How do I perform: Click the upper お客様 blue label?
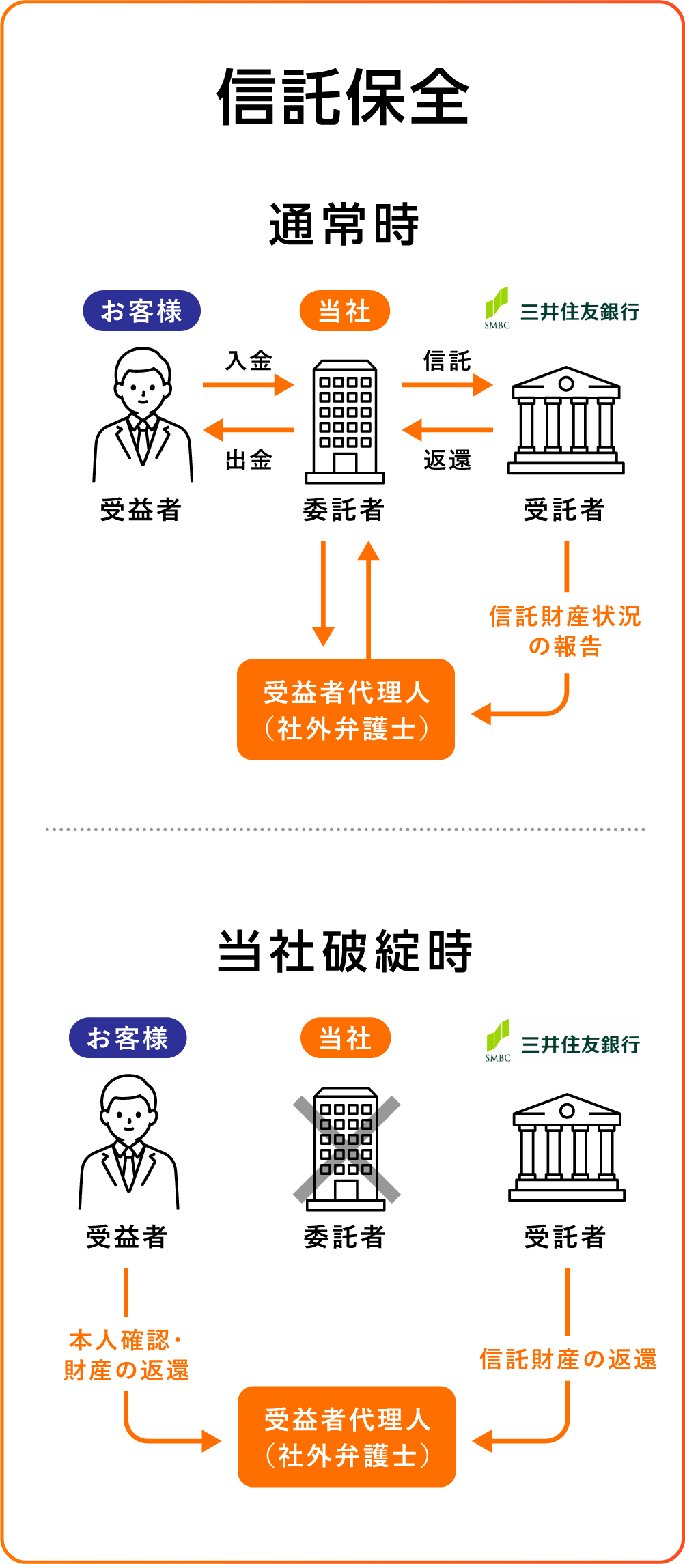[141, 311]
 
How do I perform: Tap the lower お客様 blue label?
[128, 1038]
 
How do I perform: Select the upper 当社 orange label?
[344, 311]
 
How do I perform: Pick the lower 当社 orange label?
[346, 1038]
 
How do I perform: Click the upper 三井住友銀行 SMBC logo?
[561, 309]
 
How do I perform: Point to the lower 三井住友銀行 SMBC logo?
[562, 1042]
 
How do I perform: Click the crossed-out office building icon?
[346, 1149]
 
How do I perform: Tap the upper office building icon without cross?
[345, 422]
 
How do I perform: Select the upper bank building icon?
[565, 421]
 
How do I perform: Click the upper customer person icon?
[143, 417]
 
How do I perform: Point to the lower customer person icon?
[129, 1144]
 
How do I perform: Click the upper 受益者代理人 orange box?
[346, 709]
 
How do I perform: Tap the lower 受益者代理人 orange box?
[346, 1436]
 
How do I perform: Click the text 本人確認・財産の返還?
[126, 1355]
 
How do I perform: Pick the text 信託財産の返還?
[568, 1359]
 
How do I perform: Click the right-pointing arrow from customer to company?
[249, 385]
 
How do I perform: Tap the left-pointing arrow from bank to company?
[447, 430]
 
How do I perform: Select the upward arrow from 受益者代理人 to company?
[369, 599]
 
